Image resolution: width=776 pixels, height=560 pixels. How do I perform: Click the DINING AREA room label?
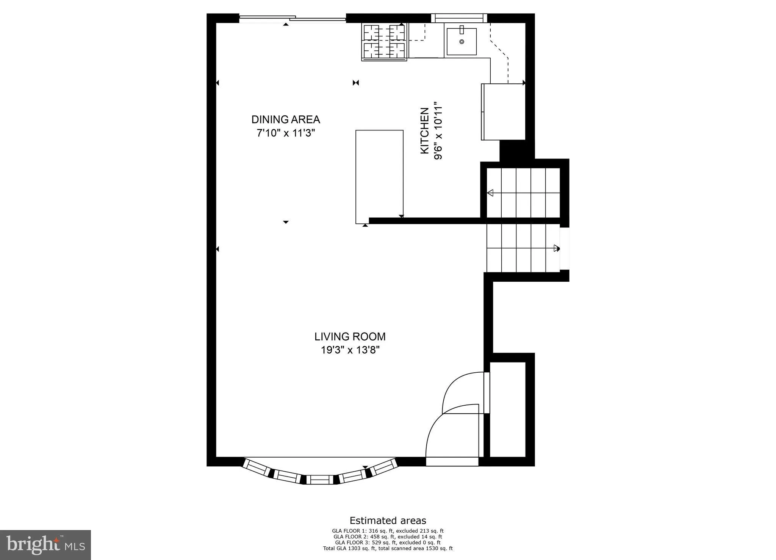(x=286, y=119)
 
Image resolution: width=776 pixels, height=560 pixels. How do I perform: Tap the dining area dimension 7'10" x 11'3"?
(x=286, y=133)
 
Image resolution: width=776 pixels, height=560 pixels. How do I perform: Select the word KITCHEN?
(x=425, y=131)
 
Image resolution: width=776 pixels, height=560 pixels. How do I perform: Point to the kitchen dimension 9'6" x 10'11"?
(x=438, y=131)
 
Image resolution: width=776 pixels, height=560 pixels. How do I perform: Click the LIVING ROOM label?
(x=350, y=336)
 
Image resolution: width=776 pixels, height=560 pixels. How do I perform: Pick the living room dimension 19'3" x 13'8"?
(x=350, y=350)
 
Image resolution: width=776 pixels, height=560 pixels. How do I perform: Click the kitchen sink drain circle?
(x=462, y=42)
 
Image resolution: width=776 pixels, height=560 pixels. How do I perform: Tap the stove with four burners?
(x=384, y=41)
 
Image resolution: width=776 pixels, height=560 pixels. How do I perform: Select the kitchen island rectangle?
(x=379, y=176)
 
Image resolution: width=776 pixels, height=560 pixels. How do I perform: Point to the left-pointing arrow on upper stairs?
(x=490, y=193)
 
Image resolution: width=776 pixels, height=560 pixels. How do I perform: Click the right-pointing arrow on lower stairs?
(x=556, y=248)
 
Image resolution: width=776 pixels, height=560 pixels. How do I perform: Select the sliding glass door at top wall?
(x=293, y=18)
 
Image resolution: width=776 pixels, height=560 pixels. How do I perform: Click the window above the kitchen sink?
(x=459, y=18)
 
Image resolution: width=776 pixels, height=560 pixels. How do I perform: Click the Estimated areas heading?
(x=388, y=521)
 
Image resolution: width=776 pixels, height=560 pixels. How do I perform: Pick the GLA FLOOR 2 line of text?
(x=388, y=537)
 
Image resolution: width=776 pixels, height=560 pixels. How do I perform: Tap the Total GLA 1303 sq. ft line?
(x=388, y=548)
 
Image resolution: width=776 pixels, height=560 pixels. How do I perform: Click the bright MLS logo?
(x=45, y=545)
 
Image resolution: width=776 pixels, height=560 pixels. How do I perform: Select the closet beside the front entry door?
(x=508, y=409)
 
